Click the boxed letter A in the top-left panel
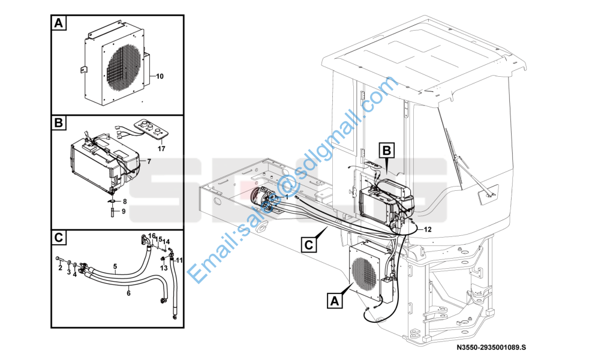point(58,23)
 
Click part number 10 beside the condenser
point(160,76)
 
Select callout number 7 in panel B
point(149,161)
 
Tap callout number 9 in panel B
point(124,211)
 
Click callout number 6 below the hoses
point(128,293)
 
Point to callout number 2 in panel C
point(60,268)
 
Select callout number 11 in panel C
point(179,260)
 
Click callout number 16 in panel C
point(152,236)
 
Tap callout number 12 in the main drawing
point(427,229)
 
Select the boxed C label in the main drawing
point(308,245)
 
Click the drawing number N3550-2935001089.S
point(491,347)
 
